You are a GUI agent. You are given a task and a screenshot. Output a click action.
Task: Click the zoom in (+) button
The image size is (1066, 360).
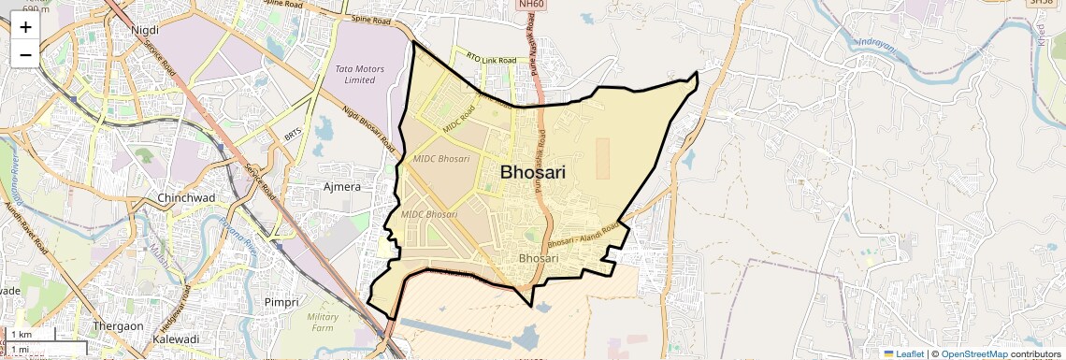click(x=25, y=27)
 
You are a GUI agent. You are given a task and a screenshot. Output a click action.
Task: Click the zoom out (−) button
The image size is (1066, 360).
click(x=25, y=54)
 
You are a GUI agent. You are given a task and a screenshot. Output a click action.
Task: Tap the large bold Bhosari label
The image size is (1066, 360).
click(x=539, y=172)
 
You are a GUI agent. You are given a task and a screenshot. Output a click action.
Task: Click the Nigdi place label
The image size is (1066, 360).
click(x=145, y=30)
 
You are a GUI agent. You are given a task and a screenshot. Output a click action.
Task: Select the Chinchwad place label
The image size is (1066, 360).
click(x=187, y=198)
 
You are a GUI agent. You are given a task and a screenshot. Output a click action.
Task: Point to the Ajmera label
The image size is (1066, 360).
click(x=341, y=187)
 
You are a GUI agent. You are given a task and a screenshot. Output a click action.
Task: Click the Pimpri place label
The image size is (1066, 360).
click(x=281, y=302)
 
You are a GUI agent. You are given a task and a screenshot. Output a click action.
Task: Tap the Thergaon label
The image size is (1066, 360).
click(x=118, y=326)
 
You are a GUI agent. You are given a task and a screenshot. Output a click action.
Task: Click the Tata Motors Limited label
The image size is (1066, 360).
click(x=353, y=74)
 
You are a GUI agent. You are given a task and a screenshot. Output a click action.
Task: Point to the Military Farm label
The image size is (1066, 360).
click(x=323, y=323)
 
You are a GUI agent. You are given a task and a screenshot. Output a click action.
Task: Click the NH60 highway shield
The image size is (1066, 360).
click(x=528, y=5)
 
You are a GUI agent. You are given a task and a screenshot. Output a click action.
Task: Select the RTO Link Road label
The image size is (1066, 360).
click(x=491, y=60)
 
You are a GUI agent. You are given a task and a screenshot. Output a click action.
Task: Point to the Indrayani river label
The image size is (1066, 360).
click(x=879, y=44)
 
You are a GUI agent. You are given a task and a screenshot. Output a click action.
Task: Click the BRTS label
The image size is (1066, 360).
click(x=294, y=137)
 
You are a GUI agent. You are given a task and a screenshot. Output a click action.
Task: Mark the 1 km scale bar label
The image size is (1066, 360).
click(x=22, y=335)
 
